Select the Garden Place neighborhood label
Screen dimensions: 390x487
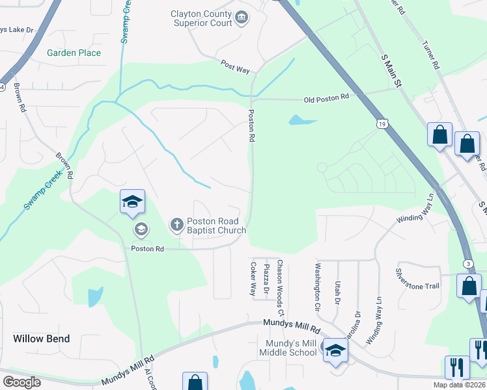click(74, 53)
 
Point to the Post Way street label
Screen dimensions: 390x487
click(235, 65)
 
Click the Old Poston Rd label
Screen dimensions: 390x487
click(327, 97)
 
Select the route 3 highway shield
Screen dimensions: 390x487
click(468, 263)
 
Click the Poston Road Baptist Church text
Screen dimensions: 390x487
click(217, 226)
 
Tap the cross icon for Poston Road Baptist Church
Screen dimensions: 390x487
click(176, 225)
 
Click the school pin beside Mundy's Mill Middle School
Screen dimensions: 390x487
click(335, 352)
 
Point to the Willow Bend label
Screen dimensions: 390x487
click(42, 339)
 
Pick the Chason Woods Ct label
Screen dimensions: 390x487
click(280, 279)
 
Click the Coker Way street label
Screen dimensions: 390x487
click(253, 279)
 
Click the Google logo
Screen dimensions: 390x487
click(22, 382)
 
